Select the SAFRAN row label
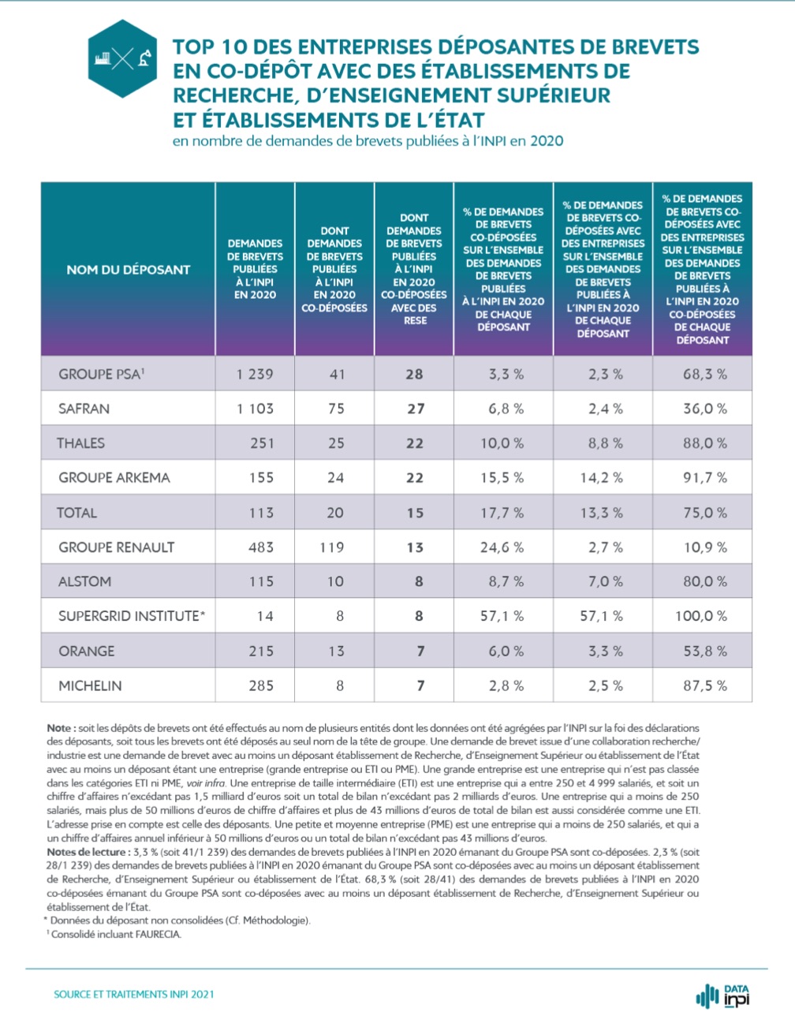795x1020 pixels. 84,409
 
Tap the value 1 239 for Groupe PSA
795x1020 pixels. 255,374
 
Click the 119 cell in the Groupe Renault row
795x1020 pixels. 332,547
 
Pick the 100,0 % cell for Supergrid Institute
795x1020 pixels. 701,616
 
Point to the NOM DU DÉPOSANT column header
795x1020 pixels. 129,270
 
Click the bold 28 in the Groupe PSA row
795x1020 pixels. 414,374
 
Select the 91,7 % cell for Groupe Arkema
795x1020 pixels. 704,477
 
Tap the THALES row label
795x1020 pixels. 80,443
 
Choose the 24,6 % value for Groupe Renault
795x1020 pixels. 502,547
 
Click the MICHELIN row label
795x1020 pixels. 90,686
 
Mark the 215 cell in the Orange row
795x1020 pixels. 261,651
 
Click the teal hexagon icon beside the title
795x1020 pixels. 122,58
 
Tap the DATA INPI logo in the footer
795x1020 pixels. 724,996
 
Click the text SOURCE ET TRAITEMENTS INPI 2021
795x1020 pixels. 134,994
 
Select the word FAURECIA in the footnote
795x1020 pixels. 159,934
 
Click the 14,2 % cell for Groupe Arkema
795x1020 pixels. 605,477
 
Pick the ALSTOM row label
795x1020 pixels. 84,581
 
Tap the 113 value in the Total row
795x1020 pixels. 261,513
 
